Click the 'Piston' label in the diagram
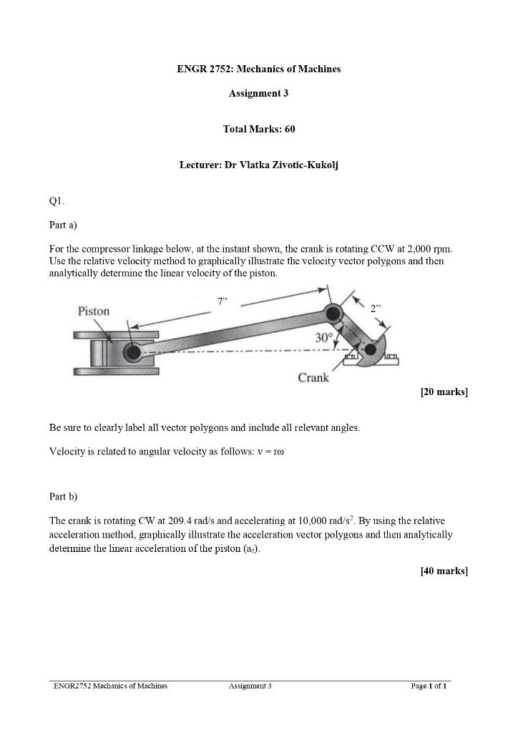(94, 311)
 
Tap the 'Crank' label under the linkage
(313, 377)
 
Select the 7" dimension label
(223, 301)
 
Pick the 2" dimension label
(376, 309)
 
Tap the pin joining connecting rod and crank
(333, 313)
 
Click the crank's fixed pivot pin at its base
(370, 349)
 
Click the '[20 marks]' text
(444, 392)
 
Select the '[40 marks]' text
(444, 571)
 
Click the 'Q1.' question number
(57, 201)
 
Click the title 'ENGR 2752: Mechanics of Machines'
(258, 69)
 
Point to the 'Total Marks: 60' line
(258, 129)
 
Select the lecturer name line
(258, 165)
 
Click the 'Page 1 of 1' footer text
(429, 686)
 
